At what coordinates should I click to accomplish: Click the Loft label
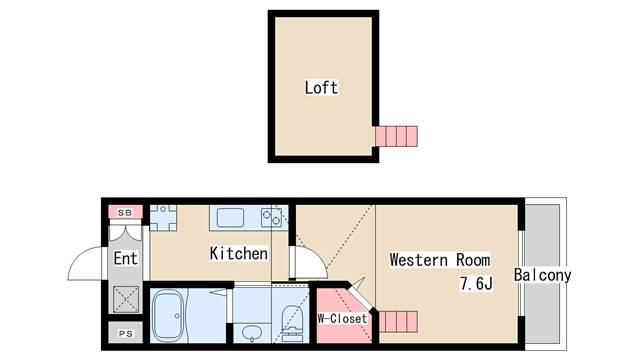321,87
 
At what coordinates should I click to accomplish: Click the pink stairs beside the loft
396,135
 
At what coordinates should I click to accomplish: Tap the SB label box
125,212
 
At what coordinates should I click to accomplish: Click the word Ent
125,259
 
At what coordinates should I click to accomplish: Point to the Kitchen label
238,254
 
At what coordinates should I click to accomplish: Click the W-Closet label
342,319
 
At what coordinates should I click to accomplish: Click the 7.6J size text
476,284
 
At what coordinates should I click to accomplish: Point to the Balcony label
542,275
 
